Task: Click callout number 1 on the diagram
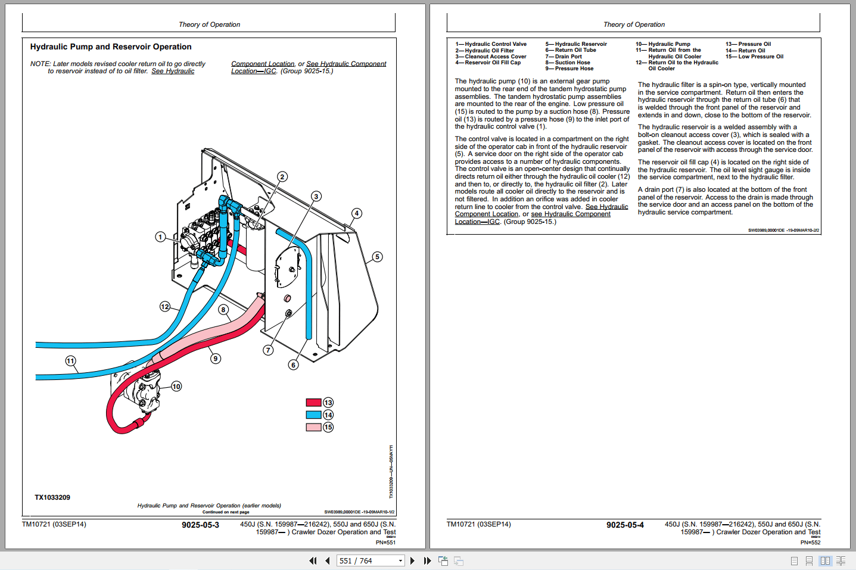tap(160, 237)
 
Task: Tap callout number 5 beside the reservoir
tap(377, 257)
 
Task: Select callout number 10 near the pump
tap(176, 387)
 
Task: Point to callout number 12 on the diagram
tap(165, 307)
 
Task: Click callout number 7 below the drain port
tap(268, 350)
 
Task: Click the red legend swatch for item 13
tap(313, 403)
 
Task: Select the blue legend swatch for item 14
tap(313, 415)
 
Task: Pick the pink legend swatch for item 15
tap(313, 427)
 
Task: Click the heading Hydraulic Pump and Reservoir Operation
tap(111, 47)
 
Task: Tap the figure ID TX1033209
tap(52, 497)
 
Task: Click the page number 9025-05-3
tap(200, 525)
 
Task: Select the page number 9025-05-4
tap(625, 525)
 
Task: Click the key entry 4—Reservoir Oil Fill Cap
tap(488, 63)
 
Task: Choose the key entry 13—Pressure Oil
tap(748, 44)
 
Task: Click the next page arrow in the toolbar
tap(412, 560)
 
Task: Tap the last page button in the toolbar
tap(427, 560)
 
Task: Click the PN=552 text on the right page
tap(810, 543)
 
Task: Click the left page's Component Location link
tap(263, 64)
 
